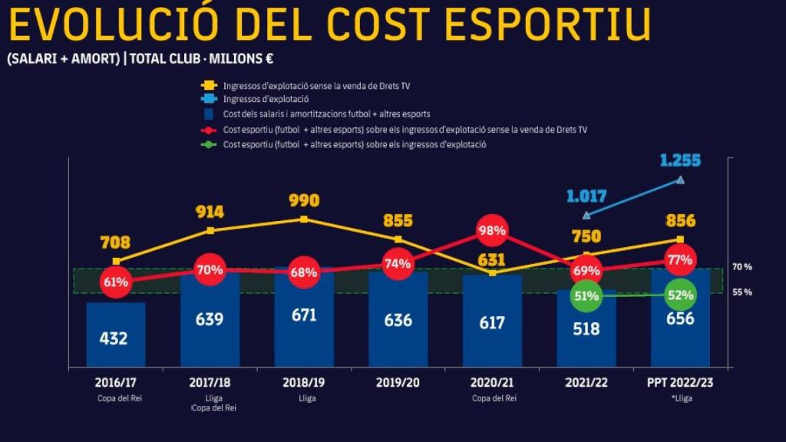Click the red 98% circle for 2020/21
coord(492,230)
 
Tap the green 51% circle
coord(586,295)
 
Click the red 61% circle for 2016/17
coord(115,282)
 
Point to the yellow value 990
coord(304,201)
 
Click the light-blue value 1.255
coord(680,160)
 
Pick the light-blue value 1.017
coord(586,196)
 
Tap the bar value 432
coord(114,338)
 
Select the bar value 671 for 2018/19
coord(304,315)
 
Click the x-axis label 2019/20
coord(398,381)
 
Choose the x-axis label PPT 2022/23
coord(680,381)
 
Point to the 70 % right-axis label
coord(742,267)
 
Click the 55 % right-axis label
coord(742,292)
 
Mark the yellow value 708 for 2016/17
coord(115,243)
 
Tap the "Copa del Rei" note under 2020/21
coord(492,397)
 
